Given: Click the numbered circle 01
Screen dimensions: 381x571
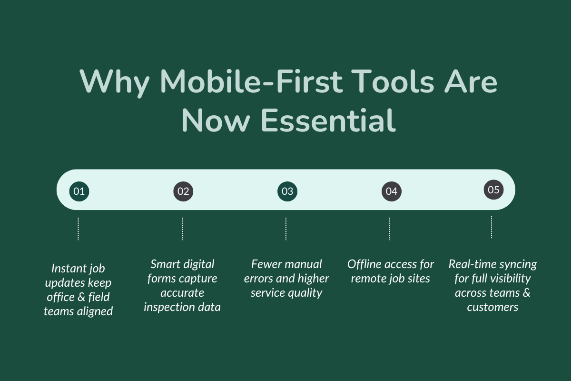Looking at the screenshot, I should click(x=79, y=191).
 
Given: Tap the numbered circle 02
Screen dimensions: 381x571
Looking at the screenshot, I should click(x=183, y=191).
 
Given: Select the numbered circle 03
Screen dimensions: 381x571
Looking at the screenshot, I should click(x=287, y=191).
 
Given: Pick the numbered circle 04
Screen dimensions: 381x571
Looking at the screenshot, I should click(x=392, y=191).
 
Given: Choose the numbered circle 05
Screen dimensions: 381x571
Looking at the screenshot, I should click(x=493, y=190).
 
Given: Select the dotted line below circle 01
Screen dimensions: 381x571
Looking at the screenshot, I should click(x=78, y=229).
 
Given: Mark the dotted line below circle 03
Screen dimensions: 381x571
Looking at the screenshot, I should click(x=286, y=229).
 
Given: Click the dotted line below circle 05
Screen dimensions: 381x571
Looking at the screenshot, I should click(x=492, y=227).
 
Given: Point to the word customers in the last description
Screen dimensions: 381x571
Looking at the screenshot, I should click(x=492, y=307).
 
